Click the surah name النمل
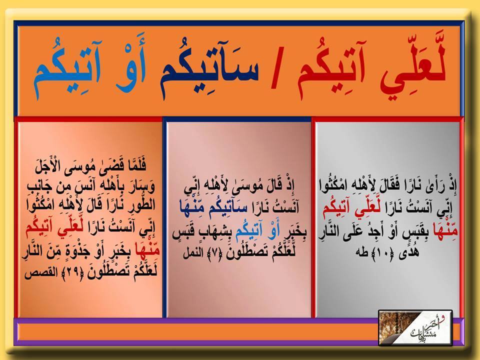pyautogui.click(x=193, y=253)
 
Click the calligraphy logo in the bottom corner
pyautogui.click(x=415, y=328)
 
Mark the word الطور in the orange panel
pyautogui.click(x=143, y=205)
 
